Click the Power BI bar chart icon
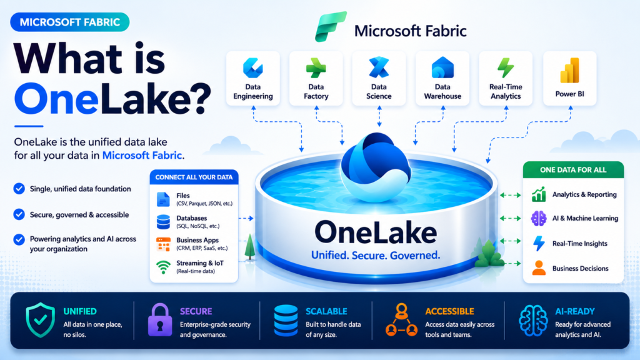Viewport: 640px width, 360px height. (570, 70)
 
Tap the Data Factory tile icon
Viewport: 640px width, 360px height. (316, 67)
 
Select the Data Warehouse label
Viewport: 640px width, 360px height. (442, 91)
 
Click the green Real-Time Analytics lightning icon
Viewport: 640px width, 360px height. (506, 67)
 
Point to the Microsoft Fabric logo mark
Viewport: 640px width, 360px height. (331, 26)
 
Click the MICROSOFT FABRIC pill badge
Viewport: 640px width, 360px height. (70, 22)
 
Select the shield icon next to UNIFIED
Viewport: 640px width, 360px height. (41, 320)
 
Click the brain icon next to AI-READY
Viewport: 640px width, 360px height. (533, 321)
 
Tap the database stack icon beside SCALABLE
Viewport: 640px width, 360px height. (286, 321)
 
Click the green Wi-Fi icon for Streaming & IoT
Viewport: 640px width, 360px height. (163, 267)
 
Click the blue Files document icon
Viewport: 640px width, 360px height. (163, 199)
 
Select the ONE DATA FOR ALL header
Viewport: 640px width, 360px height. (573, 170)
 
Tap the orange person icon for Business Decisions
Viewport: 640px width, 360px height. (539, 268)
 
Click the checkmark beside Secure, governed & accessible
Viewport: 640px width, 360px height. (19, 214)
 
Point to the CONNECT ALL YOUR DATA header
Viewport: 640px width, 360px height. (194, 177)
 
